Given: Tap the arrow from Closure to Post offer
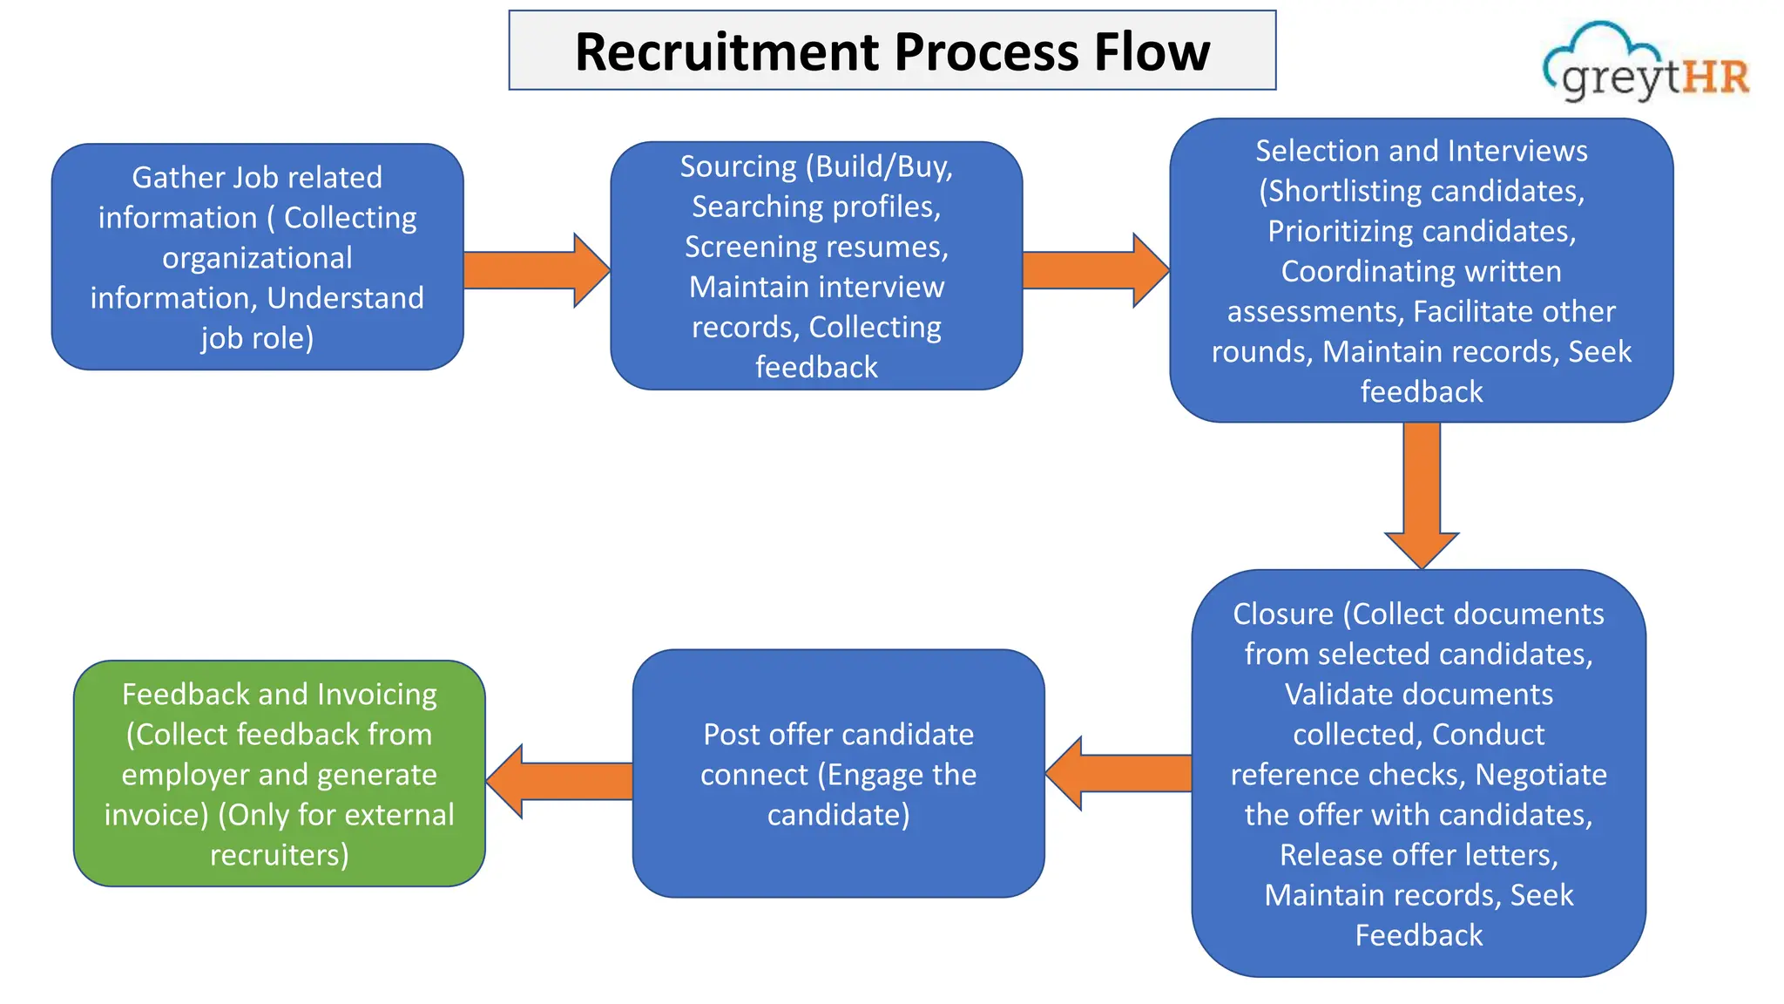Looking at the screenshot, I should tap(1118, 773).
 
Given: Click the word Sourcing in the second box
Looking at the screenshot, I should tap(738, 166).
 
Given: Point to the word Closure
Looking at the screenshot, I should tap(1282, 614).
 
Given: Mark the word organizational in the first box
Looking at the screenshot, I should tap(257, 258).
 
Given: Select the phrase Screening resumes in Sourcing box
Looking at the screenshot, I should tap(815, 248).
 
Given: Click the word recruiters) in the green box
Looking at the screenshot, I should tap(279, 855).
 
